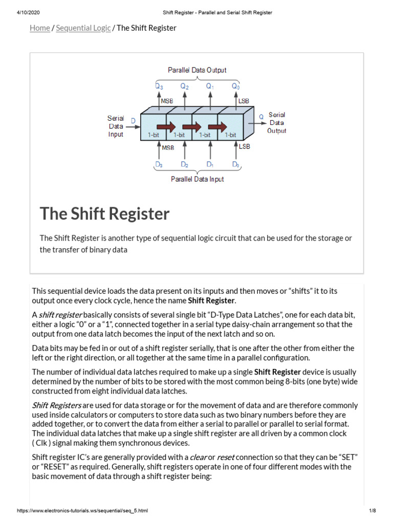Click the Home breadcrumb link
pyautogui.click(x=40, y=28)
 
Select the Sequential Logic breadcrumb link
pyautogui.click(x=83, y=28)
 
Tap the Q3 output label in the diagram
pyautogui.click(x=159, y=87)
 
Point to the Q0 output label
pyautogui.click(x=235, y=87)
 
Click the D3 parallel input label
pyautogui.click(x=159, y=164)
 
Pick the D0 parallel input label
pyautogui.click(x=235, y=164)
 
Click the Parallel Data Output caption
pyautogui.click(x=197, y=70)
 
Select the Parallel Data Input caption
pyautogui.click(x=197, y=179)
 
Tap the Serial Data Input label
pyautogui.click(x=116, y=126)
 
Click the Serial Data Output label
pyautogui.click(x=277, y=123)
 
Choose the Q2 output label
pyautogui.click(x=184, y=87)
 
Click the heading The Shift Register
pyautogui.click(x=105, y=213)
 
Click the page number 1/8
pyautogui.click(x=373, y=511)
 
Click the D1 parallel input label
pyautogui.click(x=210, y=164)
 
